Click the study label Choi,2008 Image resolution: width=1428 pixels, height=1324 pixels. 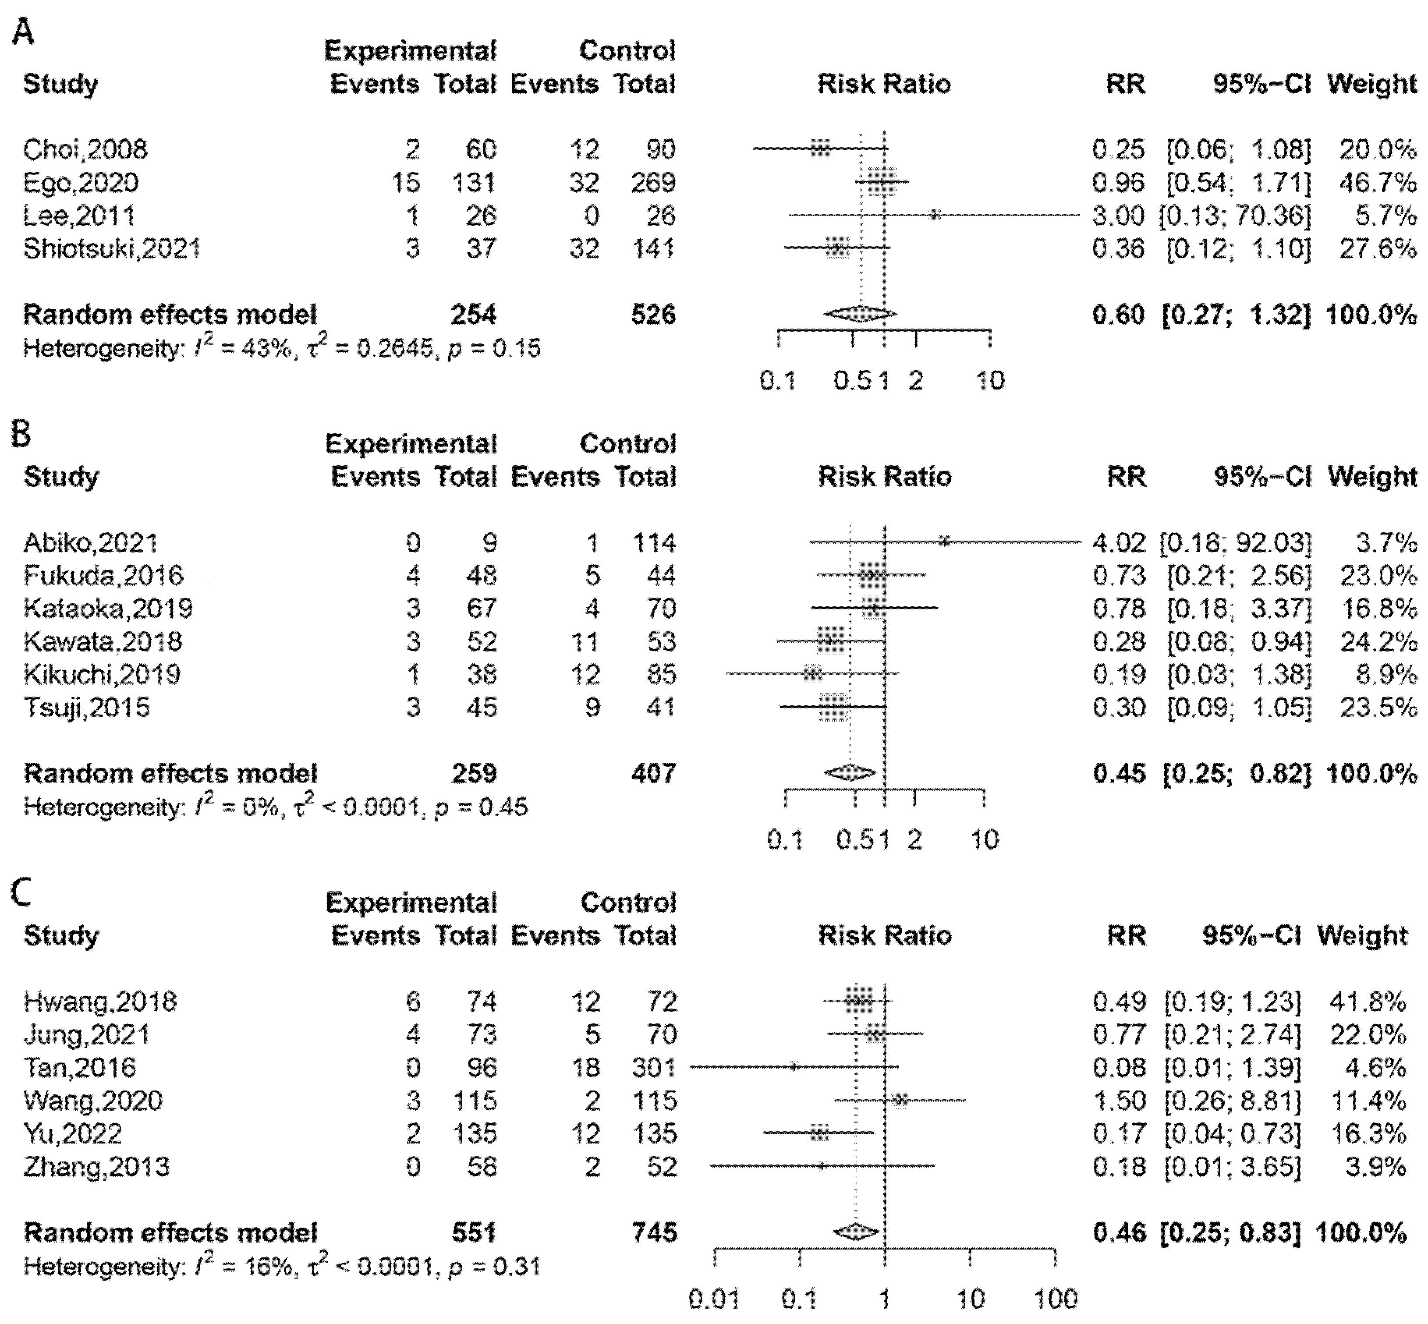click(85, 150)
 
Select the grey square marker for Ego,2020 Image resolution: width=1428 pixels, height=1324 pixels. click(882, 183)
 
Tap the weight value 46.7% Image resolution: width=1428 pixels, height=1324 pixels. click(1377, 183)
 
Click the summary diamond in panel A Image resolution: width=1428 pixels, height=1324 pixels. click(860, 314)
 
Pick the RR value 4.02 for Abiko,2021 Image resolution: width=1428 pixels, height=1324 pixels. click(1119, 542)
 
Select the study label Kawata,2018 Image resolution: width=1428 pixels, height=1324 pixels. click(103, 641)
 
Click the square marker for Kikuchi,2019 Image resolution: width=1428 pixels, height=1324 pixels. click(812, 674)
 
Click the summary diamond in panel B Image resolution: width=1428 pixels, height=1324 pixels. click(850, 772)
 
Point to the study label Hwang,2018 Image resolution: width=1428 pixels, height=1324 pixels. click(99, 1001)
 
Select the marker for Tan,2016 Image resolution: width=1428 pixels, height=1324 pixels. click(793, 1067)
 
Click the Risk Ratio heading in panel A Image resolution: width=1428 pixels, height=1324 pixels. click(884, 84)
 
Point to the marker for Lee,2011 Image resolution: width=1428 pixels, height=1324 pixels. click(934, 215)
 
